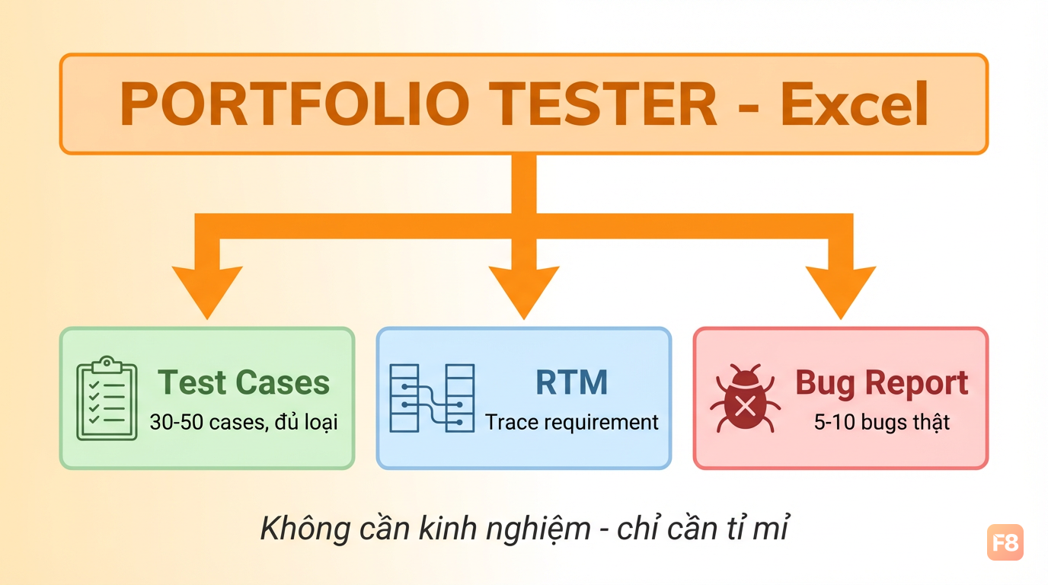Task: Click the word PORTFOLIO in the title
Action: tap(295, 104)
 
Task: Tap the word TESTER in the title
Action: tap(605, 104)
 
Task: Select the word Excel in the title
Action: tap(855, 104)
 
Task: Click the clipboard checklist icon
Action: tap(107, 398)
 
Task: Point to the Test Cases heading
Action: tap(244, 383)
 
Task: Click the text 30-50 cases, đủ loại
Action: tap(244, 422)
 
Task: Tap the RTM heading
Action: tap(572, 383)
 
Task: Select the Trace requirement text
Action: tap(572, 423)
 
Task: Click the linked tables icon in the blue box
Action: tap(432, 398)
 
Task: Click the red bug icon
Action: tap(745, 398)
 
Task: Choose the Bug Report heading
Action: tap(882, 384)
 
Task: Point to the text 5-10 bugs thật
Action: tap(882, 422)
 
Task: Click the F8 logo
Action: tap(1005, 542)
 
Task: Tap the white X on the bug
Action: tap(745, 406)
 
